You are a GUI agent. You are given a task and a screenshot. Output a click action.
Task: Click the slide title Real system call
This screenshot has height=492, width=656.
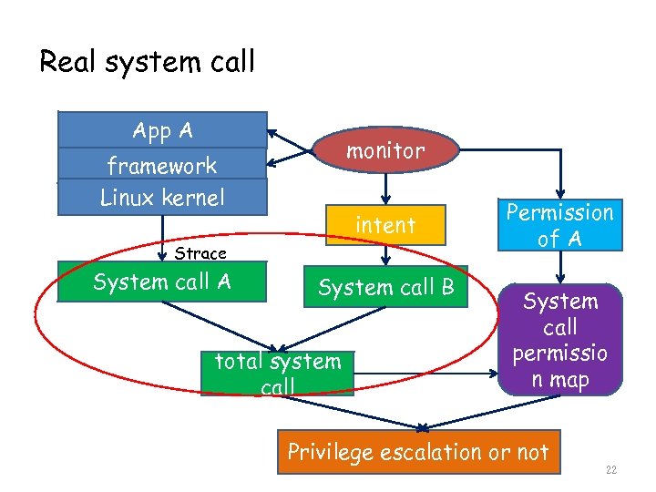pyautogui.click(x=147, y=62)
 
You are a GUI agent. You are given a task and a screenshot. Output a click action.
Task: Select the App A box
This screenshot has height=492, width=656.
pyautogui.click(x=162, y=130)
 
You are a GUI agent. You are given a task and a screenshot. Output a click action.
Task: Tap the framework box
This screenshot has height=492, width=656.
pyautogui.click(x=162, y=165)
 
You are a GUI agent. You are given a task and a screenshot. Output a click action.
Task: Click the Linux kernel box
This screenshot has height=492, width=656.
pyautogui.click(x=162, y=197)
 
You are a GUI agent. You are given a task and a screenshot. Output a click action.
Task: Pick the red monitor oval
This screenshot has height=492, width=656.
pyautogui.click(x=384, y=151)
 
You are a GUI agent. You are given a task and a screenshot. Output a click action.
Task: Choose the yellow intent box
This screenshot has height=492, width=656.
pyautogui.click(x=385, y=225)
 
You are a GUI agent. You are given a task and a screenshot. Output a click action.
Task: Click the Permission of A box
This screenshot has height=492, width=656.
pyautogui.click(x=560, y=225)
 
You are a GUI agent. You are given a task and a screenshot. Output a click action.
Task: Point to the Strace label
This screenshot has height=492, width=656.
pyautogui.click(x=200, y=253)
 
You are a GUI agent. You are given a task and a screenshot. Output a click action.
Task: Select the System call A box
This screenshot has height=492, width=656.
pyautogui.click(x=162, y=282)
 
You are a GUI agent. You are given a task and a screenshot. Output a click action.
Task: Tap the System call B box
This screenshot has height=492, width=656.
pyautogui.click(x=385, y=287)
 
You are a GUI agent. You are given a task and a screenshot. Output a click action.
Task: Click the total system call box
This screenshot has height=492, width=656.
pyautogui.click(x=277, y=374)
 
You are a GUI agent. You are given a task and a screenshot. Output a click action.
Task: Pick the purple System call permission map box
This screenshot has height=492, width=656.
pyautogui.click(x=560, y=339)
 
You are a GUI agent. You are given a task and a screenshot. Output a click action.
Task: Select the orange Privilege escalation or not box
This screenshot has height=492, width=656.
pyautogui.click(x=418, y=452)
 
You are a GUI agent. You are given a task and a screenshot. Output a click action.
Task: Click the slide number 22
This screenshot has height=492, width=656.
pyautogui.click(x=610, y=470)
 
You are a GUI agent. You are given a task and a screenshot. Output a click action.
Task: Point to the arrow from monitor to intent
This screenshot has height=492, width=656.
pyautogui.click(x=385, y=190)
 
